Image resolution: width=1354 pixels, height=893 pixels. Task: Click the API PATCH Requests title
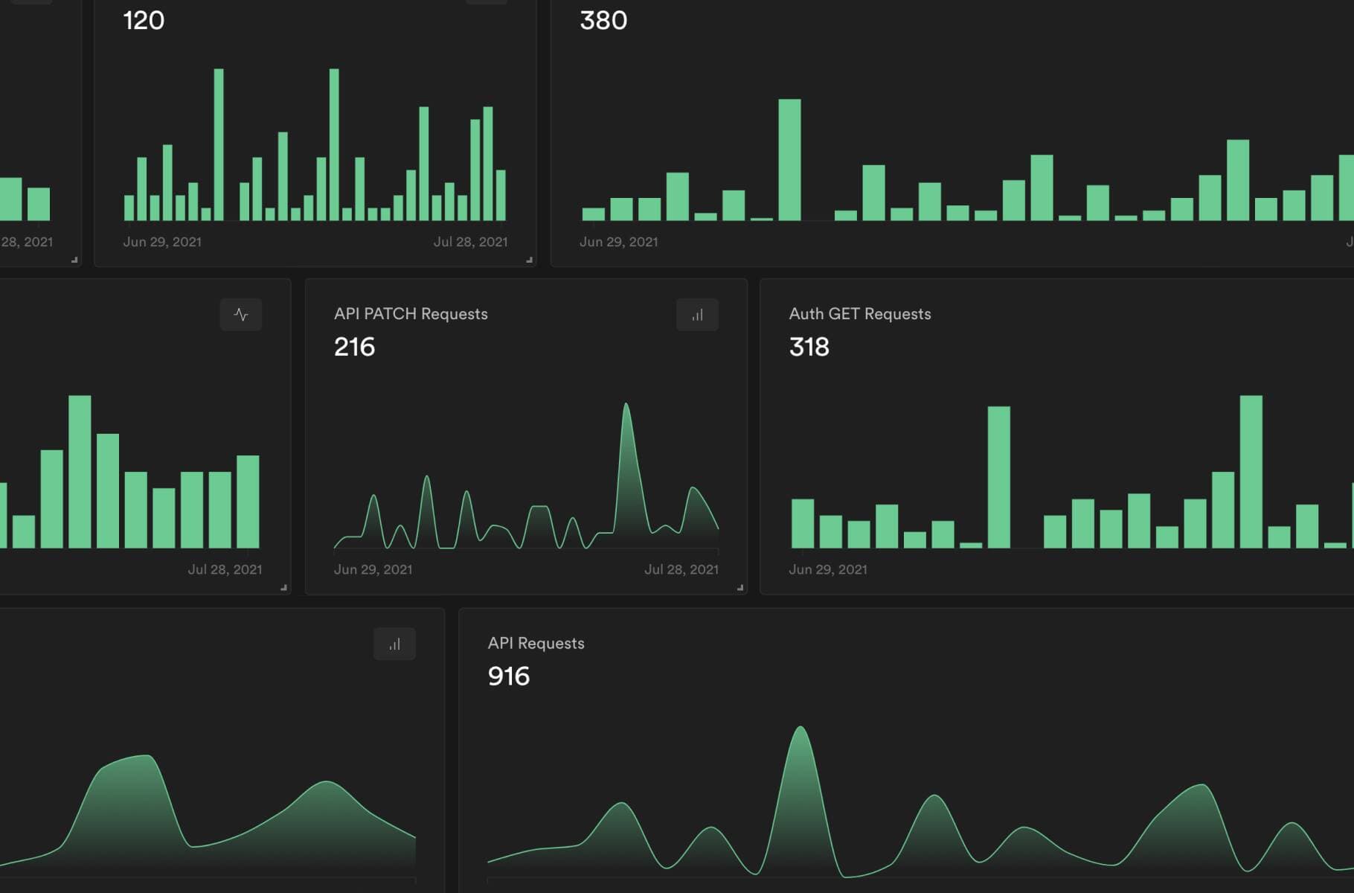tap(411, 314)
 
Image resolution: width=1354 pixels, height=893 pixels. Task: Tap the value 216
tap(354, 347)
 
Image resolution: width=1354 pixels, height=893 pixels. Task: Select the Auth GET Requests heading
tap(859, 314)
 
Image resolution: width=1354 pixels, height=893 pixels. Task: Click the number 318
tap(809, 347)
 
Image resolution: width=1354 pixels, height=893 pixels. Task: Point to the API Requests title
tap(536, 644)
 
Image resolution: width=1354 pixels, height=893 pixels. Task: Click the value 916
tap(508, 676)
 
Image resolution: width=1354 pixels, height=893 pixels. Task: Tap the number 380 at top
tap(603, 20)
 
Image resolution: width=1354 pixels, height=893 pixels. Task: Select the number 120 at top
tap(144, 20)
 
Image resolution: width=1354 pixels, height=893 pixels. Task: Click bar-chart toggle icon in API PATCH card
tap(697, 315)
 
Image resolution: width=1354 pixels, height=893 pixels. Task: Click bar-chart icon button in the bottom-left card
tap(394, 644)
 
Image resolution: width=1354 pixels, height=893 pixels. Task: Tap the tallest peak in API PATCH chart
tap(626, 406)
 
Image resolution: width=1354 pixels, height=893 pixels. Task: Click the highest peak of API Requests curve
tap(800, 729)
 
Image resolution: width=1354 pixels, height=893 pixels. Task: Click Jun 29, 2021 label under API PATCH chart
tap(373, 569)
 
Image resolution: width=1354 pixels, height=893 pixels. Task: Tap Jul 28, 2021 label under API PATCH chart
tap(681, 569)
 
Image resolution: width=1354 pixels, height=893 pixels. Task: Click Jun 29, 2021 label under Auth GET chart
tap(827, 569)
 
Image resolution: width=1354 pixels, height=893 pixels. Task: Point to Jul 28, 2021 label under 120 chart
tap(470, 242)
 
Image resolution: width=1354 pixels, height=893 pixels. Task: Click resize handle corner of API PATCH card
tap(739, 588)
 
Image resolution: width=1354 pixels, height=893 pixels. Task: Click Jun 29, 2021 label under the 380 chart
tap(618, 242)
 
